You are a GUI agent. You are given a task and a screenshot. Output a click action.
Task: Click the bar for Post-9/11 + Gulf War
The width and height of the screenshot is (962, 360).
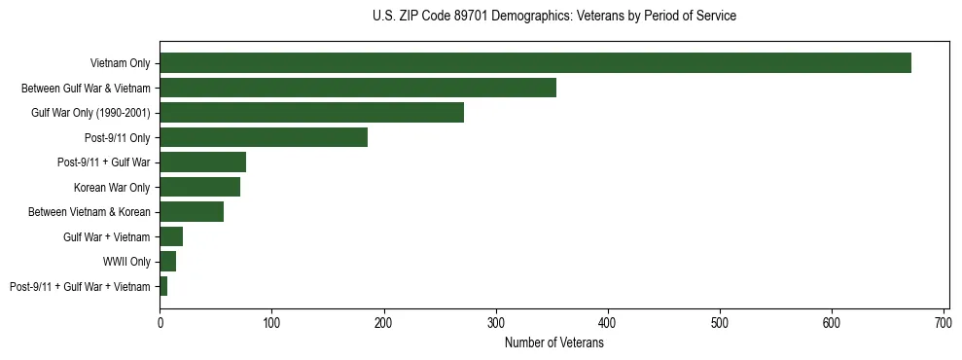[x=202, y=162]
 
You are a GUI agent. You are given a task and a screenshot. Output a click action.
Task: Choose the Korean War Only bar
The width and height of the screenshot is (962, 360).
[x=199, y=187]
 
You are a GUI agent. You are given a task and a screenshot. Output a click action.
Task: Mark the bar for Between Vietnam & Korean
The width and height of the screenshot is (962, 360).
[x=192, y=212]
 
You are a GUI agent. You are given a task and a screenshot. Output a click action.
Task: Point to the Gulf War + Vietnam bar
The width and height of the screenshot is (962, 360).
[x=171, y=236]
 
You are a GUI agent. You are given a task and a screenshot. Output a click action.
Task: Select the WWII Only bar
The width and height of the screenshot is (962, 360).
[x=167, y=262]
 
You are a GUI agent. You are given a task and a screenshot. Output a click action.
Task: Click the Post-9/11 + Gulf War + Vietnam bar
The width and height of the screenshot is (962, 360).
[x=163, y=286]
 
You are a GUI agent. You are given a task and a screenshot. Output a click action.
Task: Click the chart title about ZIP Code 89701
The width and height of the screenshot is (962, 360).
[x=554, y=17]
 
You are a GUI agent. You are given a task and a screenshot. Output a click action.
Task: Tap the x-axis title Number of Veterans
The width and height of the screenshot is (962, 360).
[x=554, y=342]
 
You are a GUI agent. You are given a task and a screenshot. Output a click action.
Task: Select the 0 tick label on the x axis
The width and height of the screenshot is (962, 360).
[x=160, y=322]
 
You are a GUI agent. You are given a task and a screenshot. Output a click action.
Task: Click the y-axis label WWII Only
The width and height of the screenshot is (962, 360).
[x=126, y=262]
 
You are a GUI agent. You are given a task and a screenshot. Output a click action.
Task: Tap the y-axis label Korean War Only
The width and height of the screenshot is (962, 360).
[x=112, y=187]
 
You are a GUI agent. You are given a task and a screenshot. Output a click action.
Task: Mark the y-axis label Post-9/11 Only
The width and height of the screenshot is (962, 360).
[x=118, y=137]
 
